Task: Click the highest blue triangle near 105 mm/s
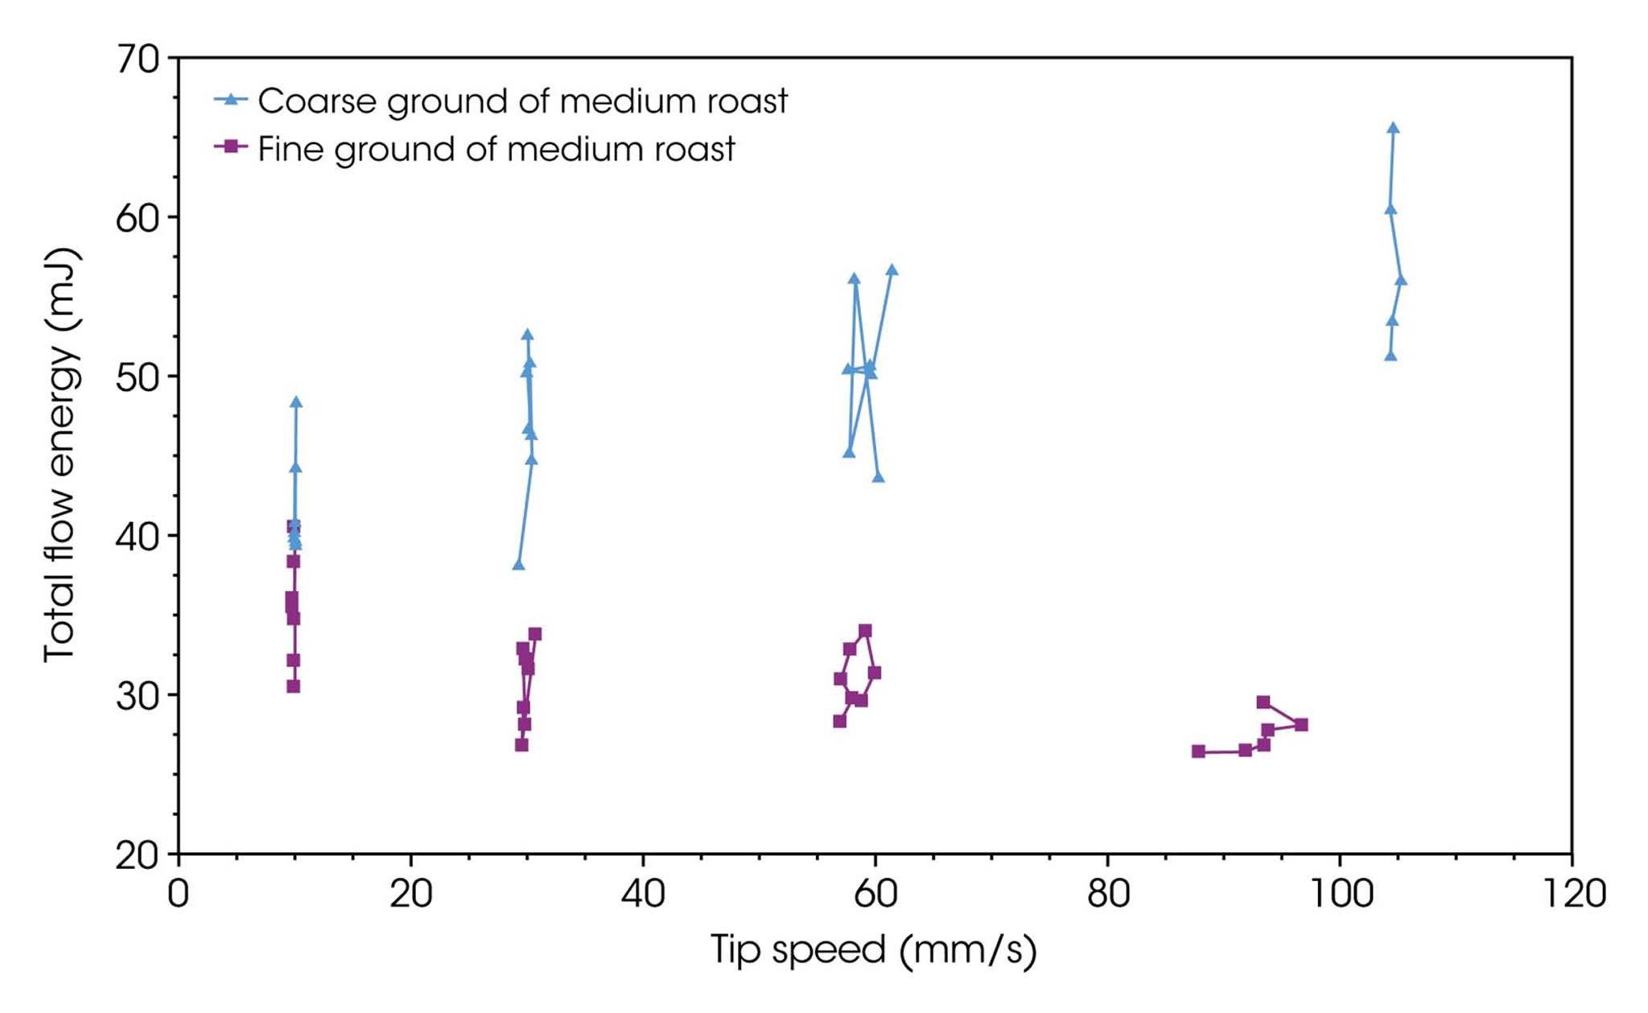[x=1393, y=128]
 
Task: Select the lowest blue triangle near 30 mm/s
[x=518, y=565]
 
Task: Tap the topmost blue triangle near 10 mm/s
[x=296, y=402]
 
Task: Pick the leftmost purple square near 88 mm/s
[x=1198, y=752]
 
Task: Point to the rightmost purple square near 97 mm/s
[x=1301, y=725]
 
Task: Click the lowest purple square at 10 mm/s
[x=293, y=686]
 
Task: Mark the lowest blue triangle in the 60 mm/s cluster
[x=878, y=477]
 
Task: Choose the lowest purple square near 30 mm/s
[x=521, y=745]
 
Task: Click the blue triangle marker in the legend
[x=232, y=100]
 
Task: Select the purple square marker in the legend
[x=232, y=147]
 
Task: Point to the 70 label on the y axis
[x=138, y=60]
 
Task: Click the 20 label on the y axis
[x=138, y=855]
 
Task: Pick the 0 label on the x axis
[x=178, y=895]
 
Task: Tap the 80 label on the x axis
[x=1108, y=895]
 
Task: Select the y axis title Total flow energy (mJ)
[x=61, y=455]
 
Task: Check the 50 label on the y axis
[x=138, y=377]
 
